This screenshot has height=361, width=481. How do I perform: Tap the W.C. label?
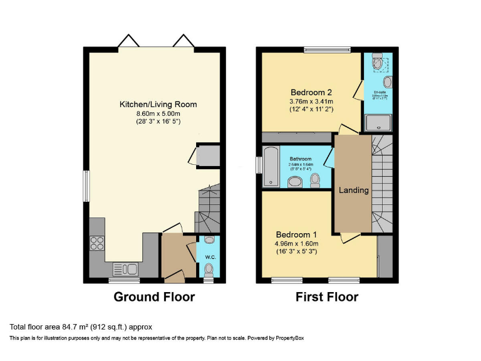[x=209, y=256]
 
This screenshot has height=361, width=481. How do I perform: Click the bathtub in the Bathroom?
[x=271, y=167]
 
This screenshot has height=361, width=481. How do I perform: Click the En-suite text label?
[x=380, y=92]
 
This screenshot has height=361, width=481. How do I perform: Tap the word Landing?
[x=354, y=190]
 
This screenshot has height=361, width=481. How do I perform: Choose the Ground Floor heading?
[x=154, y=297]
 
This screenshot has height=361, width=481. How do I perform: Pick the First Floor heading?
[x=327, y=297]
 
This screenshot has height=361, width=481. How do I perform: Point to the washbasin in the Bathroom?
[x=294, y=182]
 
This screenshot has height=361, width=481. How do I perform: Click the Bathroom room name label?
[x=301, y=159]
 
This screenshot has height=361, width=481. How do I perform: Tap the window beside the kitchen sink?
[x=124, y=280]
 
